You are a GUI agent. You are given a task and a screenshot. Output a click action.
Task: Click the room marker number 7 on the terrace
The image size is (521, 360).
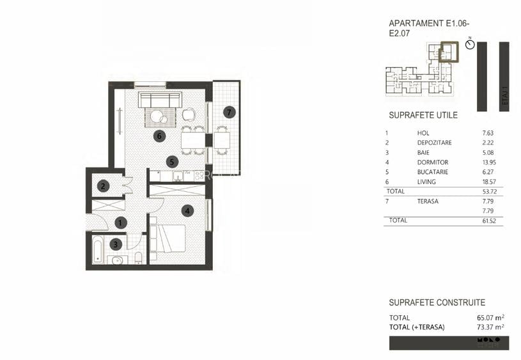[x=229, y=112]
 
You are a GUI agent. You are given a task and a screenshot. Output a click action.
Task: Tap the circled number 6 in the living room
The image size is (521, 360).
[x=160, y=136]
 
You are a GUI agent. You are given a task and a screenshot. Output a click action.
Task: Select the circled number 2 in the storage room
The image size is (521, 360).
[x=103, y=187]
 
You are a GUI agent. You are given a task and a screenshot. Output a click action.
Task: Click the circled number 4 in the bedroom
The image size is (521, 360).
[x=187, y=210]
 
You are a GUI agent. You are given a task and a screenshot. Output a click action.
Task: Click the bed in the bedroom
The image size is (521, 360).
[x=171, y=240]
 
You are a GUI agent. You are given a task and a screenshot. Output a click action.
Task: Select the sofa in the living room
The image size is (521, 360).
[x=160, y=100]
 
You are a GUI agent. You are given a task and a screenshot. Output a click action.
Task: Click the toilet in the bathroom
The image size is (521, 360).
[x=138, y=258]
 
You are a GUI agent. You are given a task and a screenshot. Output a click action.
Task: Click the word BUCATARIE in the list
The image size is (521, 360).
[x=432, y=172]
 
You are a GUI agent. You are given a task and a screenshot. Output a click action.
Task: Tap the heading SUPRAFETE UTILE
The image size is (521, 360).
[x=423, y=116]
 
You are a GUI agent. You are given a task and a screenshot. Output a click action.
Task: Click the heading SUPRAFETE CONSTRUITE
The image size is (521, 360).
[x=437, y=302]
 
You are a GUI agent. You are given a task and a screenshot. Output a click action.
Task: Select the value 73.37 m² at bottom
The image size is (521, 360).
[x=490, y=327]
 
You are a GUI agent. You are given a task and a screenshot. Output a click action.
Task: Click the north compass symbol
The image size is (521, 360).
[x=470, y=46]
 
